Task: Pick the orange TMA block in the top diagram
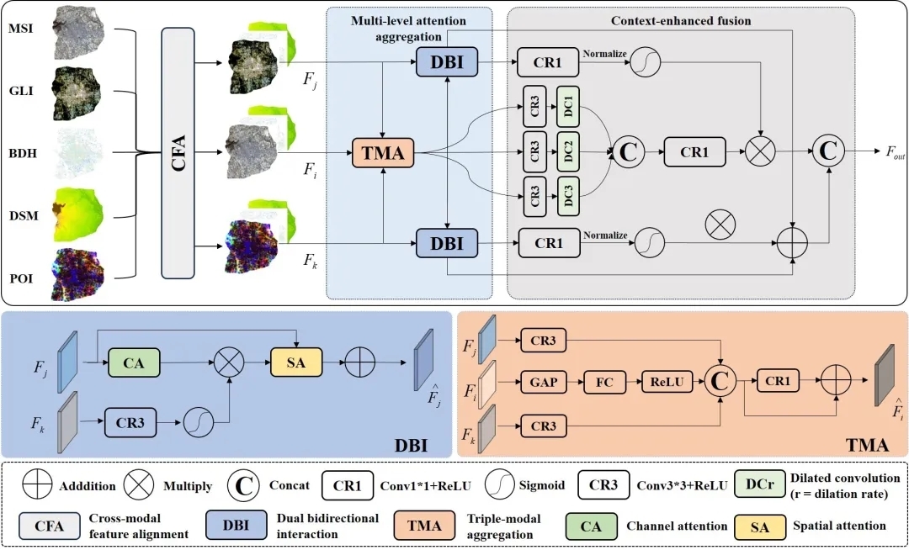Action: click(382, 152)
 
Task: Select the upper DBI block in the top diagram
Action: click(446, 62)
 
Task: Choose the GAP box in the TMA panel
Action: click(544, 382)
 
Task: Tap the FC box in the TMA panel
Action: click(605, 382)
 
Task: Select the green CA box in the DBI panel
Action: click(132, 363)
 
